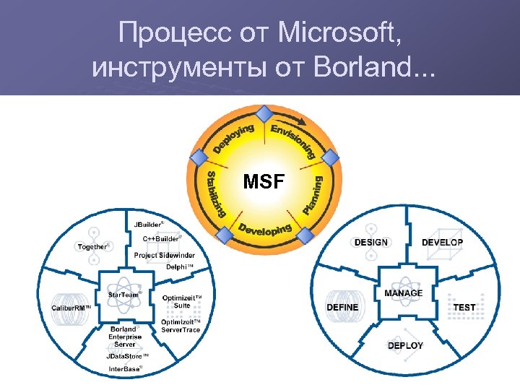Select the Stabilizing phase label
point(215,194)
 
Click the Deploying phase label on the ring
point(233,139)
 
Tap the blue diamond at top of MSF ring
point(265,113)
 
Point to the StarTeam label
point(125,295)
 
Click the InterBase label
point(126,368)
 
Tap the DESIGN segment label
point(371,243)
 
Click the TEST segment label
point(464,308)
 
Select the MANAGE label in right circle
point(404,293)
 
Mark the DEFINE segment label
point(342,308)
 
